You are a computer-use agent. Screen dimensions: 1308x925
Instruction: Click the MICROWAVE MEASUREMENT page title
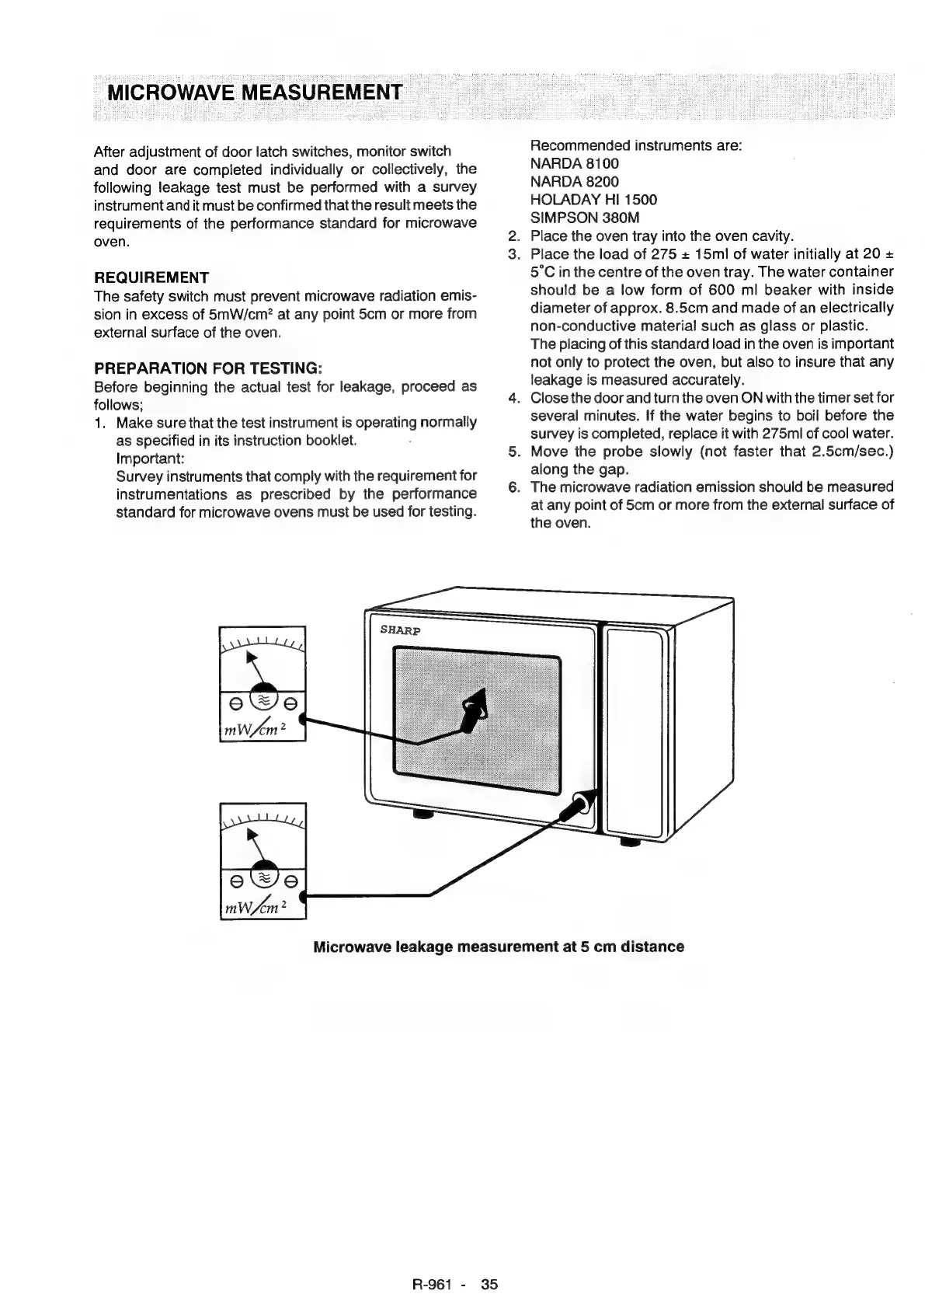pyautogui.click(x=255, y=92)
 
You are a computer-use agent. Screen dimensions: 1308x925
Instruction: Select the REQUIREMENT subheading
pyautogui.click(x=151, y=277)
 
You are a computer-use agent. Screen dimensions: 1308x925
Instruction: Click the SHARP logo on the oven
pyautogui.click(x=400, y=630)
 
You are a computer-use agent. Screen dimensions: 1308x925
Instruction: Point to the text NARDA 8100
pyautogui.click(x=574, y=164)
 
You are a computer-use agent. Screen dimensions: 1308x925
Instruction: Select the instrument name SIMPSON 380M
pyautogui.click(x=585, y=218)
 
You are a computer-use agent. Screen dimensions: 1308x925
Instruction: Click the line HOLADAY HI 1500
pyautogui.click(x=593, y=200)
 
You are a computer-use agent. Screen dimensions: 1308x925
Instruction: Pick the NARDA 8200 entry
pyautogui.click(x=574, y=182)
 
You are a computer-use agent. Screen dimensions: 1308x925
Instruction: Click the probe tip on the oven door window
pyautogui.click(x=476, y=706)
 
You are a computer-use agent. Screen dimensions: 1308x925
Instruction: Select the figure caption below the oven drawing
pyautogui.click(x=498, y=947)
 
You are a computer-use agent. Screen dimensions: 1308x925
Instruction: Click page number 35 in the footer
pyautogui.click(x=489, y=1285)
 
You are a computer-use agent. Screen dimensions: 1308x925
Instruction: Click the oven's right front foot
pyautogui.click(x=630, y=842)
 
